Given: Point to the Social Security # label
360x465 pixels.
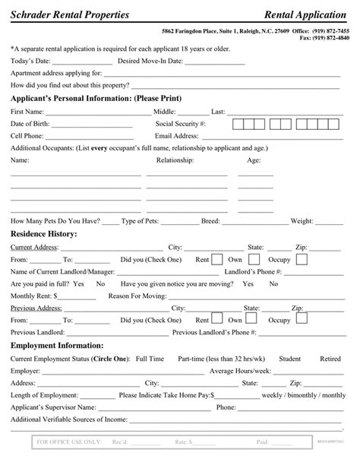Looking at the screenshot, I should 181,123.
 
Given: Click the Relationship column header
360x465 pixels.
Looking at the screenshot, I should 175,160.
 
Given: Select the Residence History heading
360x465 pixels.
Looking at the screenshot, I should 43,234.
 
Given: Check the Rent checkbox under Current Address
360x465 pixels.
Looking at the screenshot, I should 217,259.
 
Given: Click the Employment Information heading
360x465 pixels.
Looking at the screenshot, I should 56,344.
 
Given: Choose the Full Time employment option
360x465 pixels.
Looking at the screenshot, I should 150,357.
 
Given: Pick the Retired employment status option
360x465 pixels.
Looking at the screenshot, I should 330,357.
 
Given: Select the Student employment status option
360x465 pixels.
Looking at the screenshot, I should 290,357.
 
